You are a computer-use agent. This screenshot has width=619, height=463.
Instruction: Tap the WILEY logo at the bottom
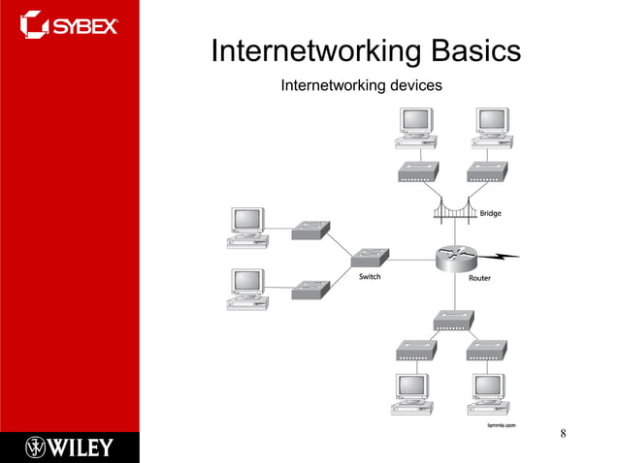point(69,447)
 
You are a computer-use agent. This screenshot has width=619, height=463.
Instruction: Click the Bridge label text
point(490,213)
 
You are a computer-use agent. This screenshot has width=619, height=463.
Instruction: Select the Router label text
point(479,278)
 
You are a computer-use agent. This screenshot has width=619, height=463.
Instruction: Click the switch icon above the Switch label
point(370,257)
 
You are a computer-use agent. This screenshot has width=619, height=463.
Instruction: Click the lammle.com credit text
point(501,425)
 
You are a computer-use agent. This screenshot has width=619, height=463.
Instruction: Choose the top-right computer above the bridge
point(492,126)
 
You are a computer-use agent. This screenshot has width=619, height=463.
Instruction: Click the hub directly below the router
point(453,321)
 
